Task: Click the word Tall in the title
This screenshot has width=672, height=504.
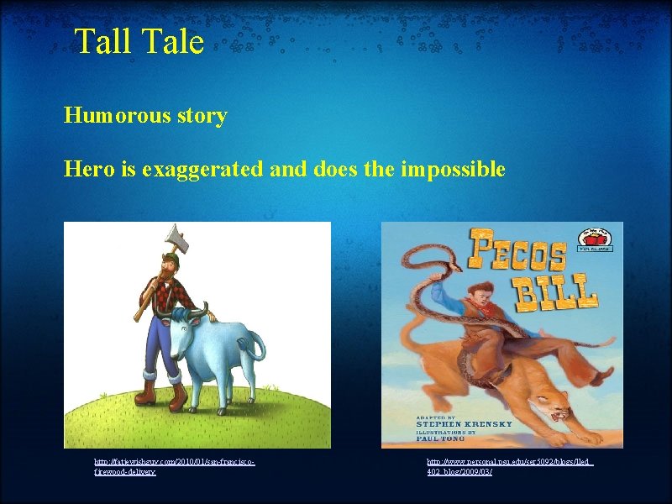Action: pyautogui.click(x=102, y=41)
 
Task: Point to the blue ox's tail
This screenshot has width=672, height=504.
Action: pyautogui.click(x=260, y=349)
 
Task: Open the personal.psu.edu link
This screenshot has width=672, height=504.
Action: pyautogui.click(x=509, y=467)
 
